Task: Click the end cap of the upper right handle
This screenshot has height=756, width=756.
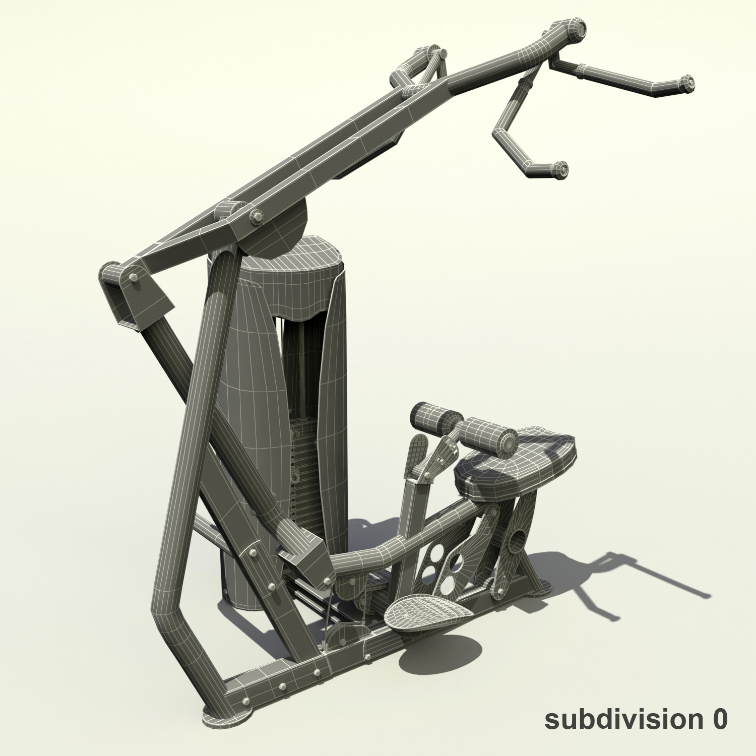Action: click(687, 83)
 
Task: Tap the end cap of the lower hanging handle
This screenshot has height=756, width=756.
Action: click(560, 169)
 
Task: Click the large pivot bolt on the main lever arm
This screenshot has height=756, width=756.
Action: click(257, 217)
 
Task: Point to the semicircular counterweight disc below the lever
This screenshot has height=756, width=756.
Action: click(282, 227)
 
